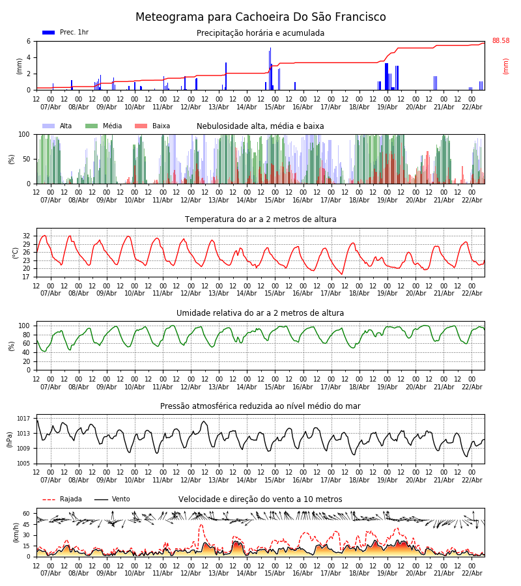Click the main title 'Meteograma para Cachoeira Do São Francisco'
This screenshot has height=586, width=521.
tap(260, 17)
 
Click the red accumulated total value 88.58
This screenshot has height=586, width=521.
tap(500, 41)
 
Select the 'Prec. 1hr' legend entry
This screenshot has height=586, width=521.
tap(74, 33)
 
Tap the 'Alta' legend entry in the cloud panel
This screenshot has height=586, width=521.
tap(66, 126)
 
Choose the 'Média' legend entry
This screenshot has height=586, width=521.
tap(112, 126)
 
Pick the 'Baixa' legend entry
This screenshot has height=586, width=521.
tap(161, 126)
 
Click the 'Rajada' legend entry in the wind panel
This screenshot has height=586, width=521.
tap(70, 499)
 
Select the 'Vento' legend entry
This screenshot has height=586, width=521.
tap(120, 499)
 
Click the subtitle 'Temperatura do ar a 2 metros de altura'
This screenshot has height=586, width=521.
tap(260, 219)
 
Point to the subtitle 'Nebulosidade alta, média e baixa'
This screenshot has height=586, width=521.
tap(260, 126)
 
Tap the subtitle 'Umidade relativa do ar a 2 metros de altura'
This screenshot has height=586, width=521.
tap(260, 313)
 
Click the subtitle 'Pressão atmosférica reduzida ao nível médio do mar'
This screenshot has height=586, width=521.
tap(260, 406)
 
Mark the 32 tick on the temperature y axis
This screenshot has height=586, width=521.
tap(27, 236)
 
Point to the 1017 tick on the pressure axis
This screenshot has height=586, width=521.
tap(24, 419)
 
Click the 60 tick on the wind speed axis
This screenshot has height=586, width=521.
tap(27, 513)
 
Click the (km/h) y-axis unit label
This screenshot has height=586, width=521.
tap(16, 533)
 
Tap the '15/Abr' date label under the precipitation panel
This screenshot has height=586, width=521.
tap(275, 107)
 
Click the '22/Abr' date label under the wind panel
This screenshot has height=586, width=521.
tap(472, 573)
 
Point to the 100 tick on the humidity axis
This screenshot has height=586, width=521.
tap(25, 326)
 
